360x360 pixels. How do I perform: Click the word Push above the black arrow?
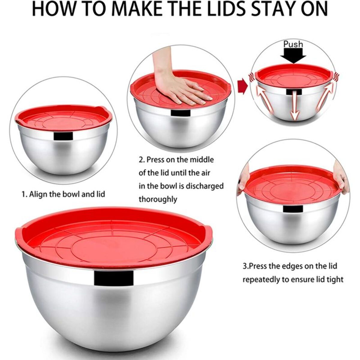tap(293, 44)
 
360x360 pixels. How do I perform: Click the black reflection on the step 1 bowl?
tap(63, 136)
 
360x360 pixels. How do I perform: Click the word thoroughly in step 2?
tap(158, 199)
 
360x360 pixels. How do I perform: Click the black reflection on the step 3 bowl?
tap(293, 209)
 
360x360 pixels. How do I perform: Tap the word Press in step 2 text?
tap(155, 160)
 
